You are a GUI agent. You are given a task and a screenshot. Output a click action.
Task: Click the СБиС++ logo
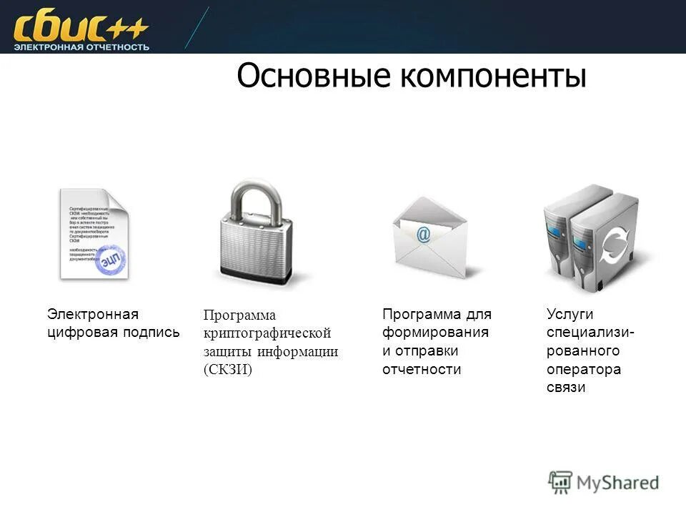[80, 29]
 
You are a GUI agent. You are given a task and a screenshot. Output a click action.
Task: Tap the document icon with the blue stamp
[94, 234]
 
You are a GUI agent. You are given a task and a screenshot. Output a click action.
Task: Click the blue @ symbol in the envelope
[424, 234]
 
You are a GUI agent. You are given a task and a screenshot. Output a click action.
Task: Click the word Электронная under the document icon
[93, 314]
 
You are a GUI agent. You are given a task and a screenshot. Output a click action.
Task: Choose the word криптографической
[267, 333]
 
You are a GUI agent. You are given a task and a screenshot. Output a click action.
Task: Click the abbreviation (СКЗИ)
[228, 370]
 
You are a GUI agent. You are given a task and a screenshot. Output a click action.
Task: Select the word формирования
[435, 333]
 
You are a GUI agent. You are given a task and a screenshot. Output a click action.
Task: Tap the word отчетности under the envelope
[422, 370]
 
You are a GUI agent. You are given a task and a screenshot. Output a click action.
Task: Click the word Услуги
[570, 314]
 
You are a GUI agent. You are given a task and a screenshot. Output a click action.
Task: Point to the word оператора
[584, 370]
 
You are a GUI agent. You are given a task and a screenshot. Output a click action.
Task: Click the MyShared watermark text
[617, 482]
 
